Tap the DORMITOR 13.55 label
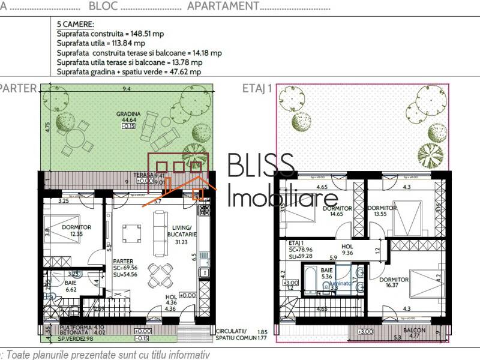coord(382,212)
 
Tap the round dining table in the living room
coord(160,275)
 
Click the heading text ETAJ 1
coord(257,89)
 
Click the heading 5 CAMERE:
coord(74,25)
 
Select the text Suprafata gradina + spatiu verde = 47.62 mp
coord(128,71)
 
